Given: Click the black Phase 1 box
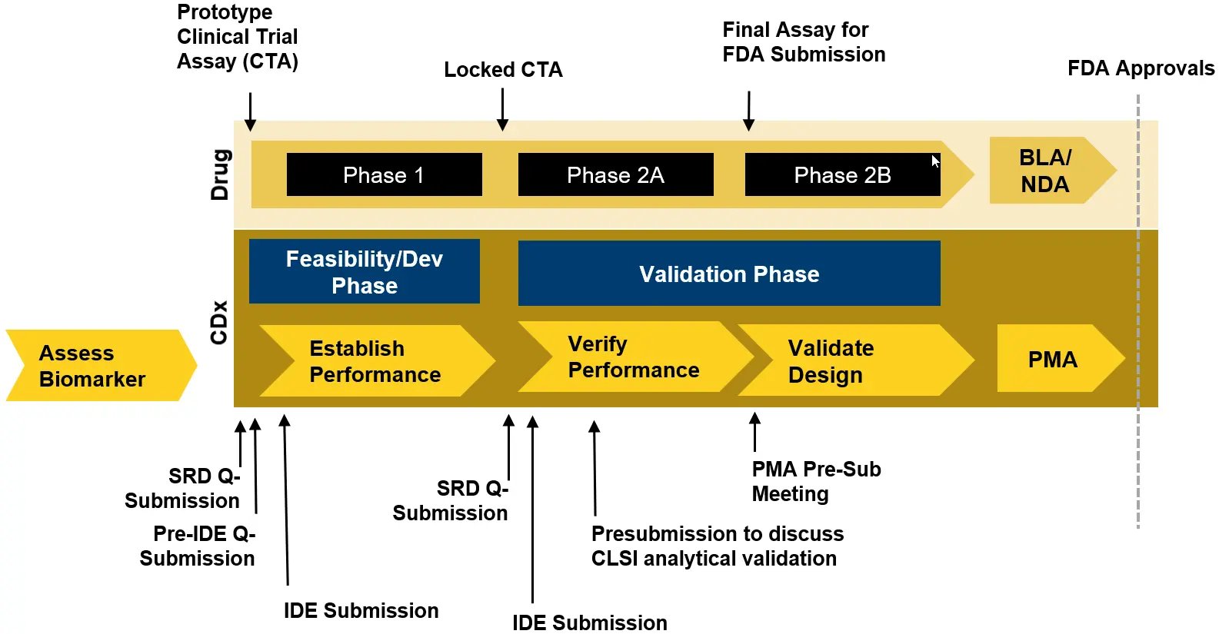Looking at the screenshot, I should click(384, 174).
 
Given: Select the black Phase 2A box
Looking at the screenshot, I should click(615, 174).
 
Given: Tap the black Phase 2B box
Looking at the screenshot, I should click(841, 174).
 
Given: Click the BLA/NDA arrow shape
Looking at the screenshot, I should click(1046, 171).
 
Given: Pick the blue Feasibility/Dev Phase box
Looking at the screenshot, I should click(364, 271).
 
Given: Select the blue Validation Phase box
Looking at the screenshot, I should click(728, 274).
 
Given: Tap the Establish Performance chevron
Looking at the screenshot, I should click(375, 361).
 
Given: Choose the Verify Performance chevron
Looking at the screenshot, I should click(633, 357).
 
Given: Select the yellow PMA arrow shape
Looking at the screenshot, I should click(1054, 359).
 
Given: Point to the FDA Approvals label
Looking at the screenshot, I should click(1141, 68).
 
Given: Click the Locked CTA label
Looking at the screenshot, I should click(503, 70).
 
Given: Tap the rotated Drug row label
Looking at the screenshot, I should click(220, 174).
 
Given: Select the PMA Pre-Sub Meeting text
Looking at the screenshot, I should click(815, 481).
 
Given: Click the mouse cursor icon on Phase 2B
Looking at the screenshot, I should click(935, 161).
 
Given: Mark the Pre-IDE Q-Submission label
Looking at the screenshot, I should click(198, 546).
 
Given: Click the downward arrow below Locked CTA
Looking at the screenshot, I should click(502, 109).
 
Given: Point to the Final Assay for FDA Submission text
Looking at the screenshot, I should click(803, 42).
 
